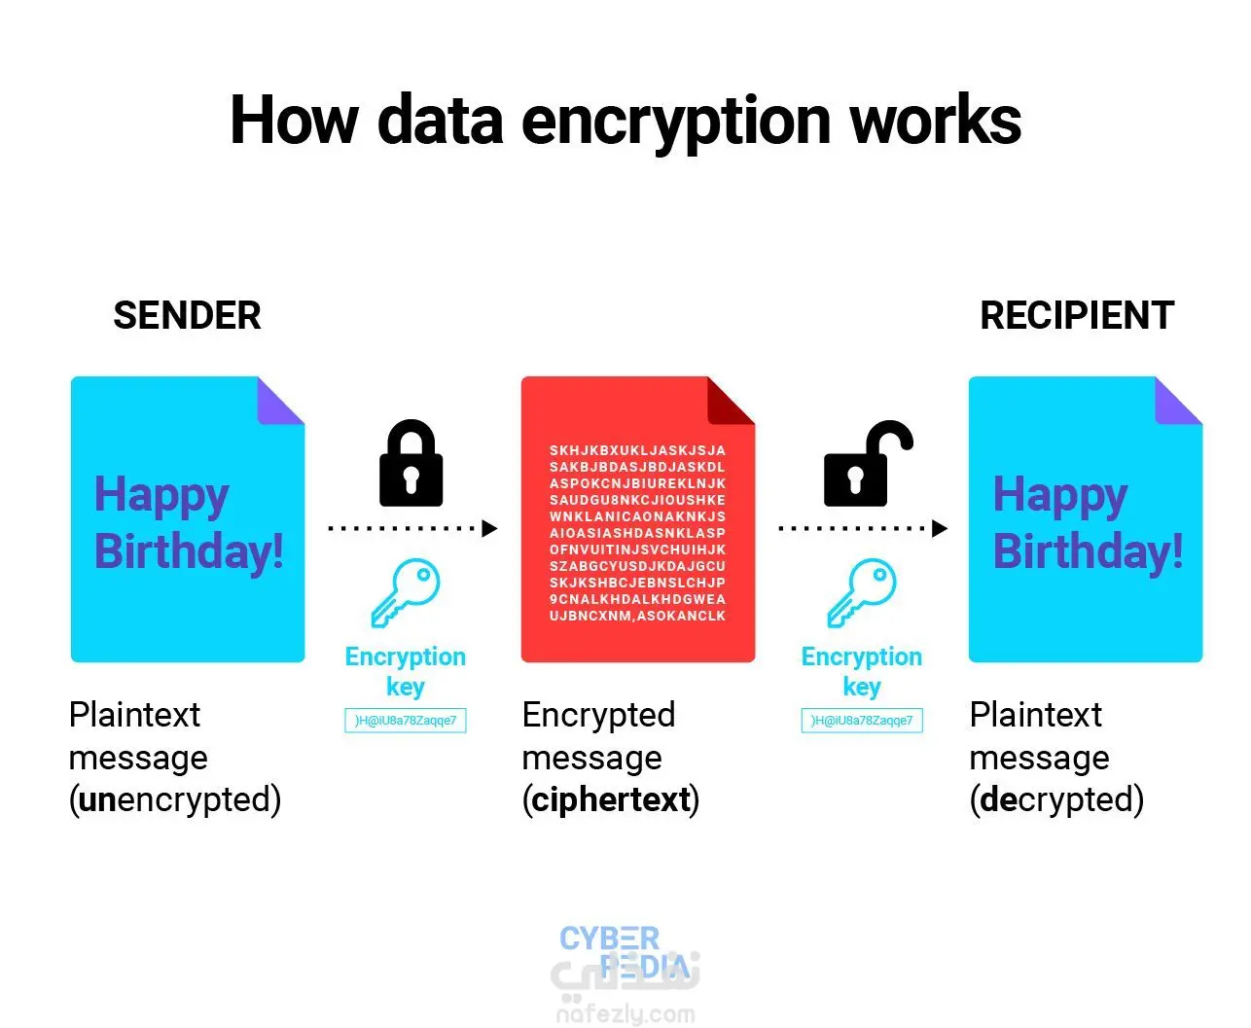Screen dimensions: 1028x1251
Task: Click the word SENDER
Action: (187, 316)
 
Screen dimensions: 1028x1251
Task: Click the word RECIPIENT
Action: (1077, 316)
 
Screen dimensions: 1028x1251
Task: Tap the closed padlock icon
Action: (411, 464)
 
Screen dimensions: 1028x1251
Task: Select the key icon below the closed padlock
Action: (406, 592)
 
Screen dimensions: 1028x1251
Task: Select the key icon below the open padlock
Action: (861, 592)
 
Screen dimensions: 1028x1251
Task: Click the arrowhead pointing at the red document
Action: (489, 529)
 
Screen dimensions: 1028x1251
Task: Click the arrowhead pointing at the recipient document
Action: (940, 529)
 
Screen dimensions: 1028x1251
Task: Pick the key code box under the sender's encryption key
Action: (406, 721)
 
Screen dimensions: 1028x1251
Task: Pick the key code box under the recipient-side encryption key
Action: (861, 721)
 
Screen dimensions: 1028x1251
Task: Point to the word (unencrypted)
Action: (175, 799)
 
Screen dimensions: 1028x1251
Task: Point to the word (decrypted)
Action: (1056, 799)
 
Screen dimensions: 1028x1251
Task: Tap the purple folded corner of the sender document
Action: (281, 401)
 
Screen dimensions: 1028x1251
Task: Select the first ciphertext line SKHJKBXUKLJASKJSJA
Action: (637, 450)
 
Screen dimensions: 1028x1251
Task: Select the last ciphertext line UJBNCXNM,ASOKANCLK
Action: (637, 616)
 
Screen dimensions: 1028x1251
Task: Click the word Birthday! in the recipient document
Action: (1088, 551)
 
